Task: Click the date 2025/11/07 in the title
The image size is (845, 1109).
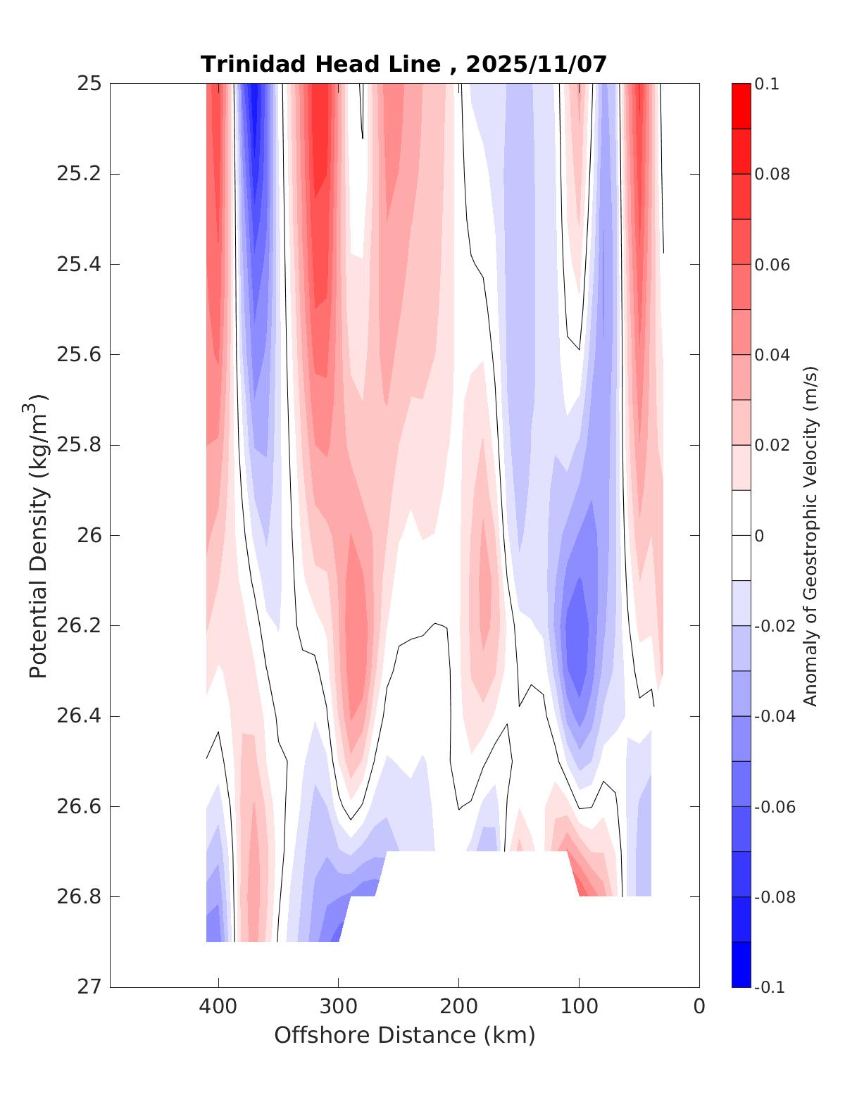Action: pyautogui.click(x=536, y=64)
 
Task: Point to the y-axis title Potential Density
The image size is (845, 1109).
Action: pyautogui.click(x=39, y=535)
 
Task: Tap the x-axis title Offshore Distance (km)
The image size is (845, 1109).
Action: pyautogui.click(x=404, y=1035)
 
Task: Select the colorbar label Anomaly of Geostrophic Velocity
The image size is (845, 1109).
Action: pyautogui.click(x=810, y=535)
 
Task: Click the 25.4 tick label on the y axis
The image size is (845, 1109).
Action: pyautogui.click(x=79, y=265)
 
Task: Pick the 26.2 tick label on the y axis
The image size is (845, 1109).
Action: pyautogui.click(x=79, y=626)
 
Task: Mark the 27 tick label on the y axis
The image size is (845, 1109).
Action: pyautogui.click(x=89, y=987)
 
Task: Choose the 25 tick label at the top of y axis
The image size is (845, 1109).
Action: pyautogui.click(x=89, y=84)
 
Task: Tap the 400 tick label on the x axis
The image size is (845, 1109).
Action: pyautogui.click(x=218, y=1007)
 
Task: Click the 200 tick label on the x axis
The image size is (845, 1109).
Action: pyautogui.click(x=458, y=1007)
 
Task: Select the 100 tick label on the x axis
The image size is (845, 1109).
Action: pyautogui.click(x=579, y=1007)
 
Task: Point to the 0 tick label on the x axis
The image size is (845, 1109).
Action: pyautogui.click(x=699, y=1007)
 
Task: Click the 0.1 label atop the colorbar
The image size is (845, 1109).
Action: pyautogui.click(x=767, y=84)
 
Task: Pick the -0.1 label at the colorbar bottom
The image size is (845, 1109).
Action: pyautogui.click(x=769, y=987)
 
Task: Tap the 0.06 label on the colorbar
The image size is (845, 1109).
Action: pyautogui.click(x=772, y=265)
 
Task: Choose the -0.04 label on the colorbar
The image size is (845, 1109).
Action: pyautogui.click(x=775, y=716)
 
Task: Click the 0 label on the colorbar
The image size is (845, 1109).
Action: pyautogui.click(x=759, y=536)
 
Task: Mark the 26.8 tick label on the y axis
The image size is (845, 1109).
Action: pyautogui.click(x=79, y=897)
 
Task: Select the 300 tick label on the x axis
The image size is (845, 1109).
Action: pyautogui.click(x=338, y=1007)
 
